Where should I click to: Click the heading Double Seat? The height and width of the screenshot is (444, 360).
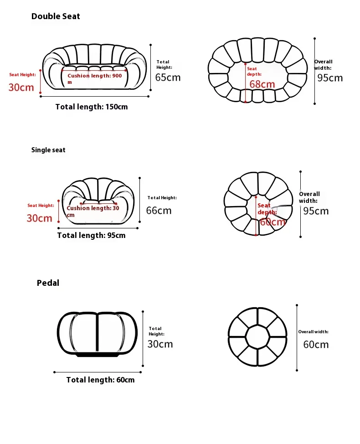56,16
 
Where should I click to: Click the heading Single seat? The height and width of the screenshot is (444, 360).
48,150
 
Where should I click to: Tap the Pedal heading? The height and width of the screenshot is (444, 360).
48,283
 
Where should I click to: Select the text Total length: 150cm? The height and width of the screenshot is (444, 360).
92,107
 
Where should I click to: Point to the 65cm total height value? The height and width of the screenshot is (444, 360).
168,77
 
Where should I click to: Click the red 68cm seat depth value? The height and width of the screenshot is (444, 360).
262,84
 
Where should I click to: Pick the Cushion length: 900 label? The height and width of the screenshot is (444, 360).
95,76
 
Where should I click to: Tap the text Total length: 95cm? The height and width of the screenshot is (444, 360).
91,235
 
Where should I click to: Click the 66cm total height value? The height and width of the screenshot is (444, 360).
159,210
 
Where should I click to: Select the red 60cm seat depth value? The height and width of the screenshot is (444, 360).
273,222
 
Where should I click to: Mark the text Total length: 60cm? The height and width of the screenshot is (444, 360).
100,380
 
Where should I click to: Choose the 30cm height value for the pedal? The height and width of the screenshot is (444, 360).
160,344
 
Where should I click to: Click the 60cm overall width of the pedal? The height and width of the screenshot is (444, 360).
316,344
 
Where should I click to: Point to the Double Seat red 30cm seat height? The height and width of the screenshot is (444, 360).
21,88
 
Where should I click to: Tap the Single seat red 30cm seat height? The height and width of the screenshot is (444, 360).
39,218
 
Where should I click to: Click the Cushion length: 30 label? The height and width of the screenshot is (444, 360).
93,208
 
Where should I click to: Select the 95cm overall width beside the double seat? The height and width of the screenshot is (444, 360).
330,78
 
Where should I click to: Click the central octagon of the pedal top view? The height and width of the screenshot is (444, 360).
257,338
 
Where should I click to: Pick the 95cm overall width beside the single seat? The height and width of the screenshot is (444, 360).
316,211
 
